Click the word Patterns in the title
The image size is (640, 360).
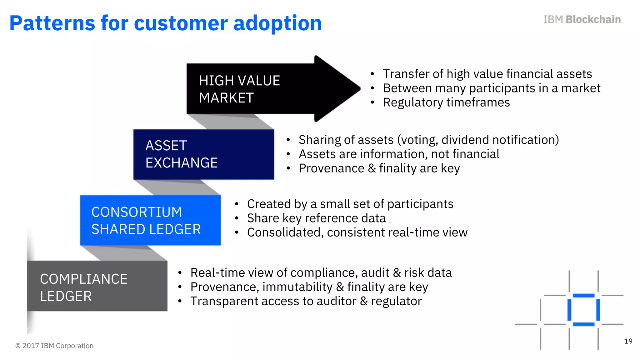(x=52, y=23)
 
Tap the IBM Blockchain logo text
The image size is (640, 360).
(x=582, y=19)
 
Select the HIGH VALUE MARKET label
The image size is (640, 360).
(x=239, y=89)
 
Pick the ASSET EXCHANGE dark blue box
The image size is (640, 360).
(x=203, y=154)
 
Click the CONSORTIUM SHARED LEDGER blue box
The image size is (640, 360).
(x=150, y=220)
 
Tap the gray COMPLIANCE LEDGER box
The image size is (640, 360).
(x=97, y=286)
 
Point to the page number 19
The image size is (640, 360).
(x=628, y=341)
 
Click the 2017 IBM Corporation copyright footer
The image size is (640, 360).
(x=54, y=346)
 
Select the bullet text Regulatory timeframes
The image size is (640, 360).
(x=446, y=102)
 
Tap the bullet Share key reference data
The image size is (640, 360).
(x=316, y=218)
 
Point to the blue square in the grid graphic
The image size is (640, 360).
(x=583, y=310)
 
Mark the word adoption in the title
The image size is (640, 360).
(x=277, y=23)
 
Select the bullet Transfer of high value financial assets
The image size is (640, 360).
(x=487, y=74)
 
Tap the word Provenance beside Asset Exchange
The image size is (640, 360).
(x=331, y=168)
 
